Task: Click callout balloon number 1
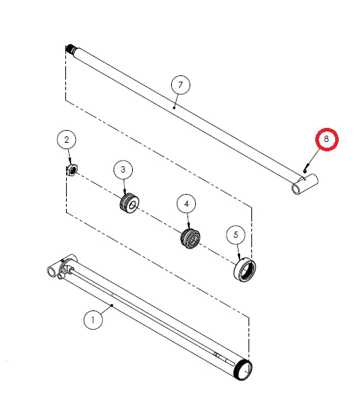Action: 92,320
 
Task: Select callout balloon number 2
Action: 67,140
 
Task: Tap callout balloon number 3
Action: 123,170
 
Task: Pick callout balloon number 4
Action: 187,205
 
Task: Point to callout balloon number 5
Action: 236,234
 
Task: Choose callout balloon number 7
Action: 181,85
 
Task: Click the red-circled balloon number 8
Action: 326,140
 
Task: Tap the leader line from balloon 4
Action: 187,221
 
